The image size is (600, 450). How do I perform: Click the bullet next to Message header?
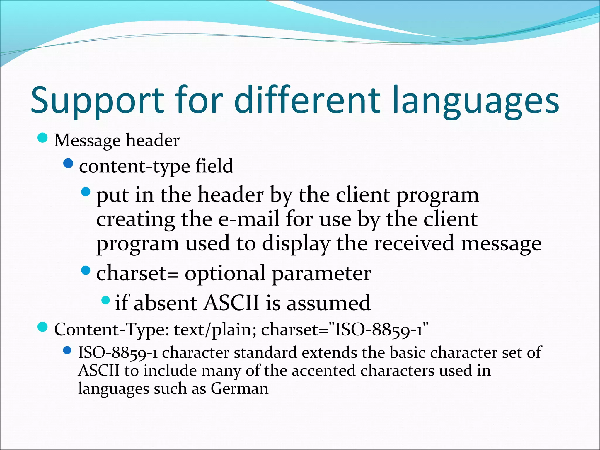click(43, 138)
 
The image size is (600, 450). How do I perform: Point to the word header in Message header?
click(153, 140)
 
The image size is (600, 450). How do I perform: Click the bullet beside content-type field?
click(68, 163)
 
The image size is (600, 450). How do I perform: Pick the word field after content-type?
click(214, 166)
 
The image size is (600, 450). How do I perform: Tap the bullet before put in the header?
click(86, 192)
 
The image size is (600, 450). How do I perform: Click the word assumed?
click(328, 303)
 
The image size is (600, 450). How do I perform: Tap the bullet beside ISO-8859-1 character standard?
click(67, 350)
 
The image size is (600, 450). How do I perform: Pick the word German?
click(239, 389)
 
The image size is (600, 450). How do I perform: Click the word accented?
click(323, 371)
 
